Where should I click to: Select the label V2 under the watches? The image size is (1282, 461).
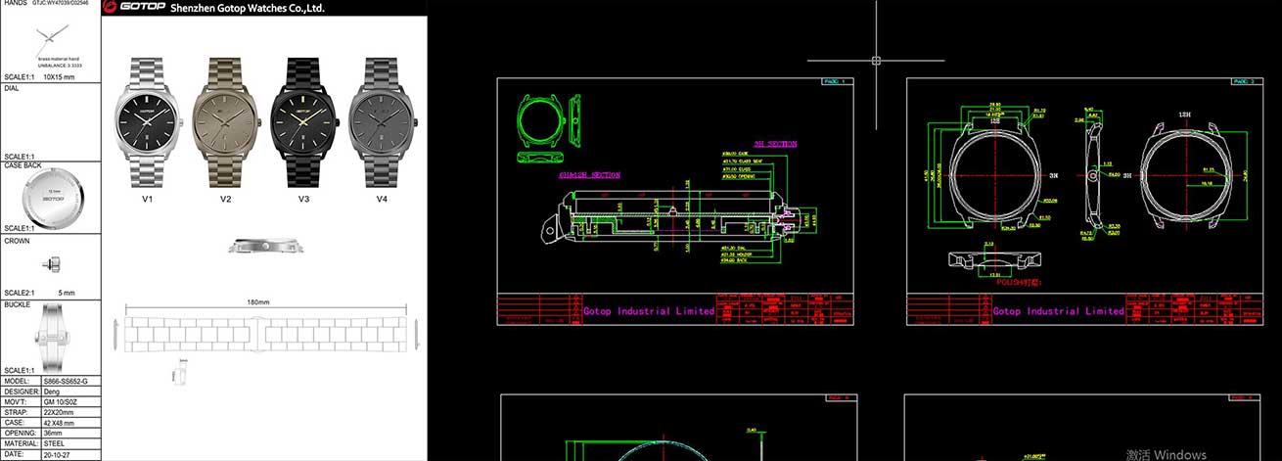226,199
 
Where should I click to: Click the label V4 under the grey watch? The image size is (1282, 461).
383,199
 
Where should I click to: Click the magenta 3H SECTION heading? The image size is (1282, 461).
775,144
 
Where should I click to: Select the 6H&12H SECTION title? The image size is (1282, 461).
588,175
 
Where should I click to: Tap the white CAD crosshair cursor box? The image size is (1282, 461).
876,60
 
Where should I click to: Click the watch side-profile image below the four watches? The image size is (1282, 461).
259,246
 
